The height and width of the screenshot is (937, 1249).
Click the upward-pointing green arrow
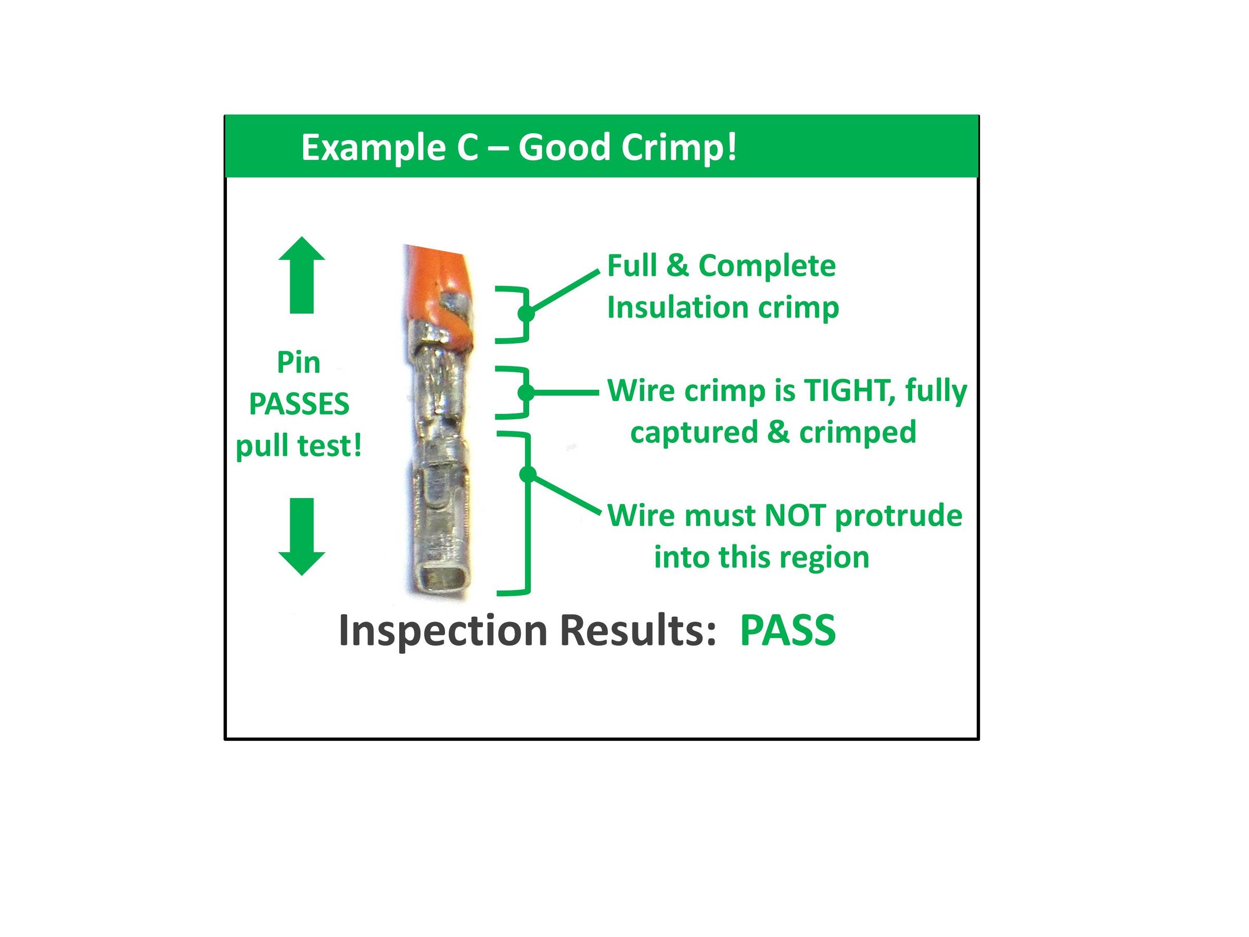(x=301, y=274)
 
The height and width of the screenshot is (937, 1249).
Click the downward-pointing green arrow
(x=301, y=537)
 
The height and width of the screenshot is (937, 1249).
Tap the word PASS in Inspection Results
(x=788, y=630)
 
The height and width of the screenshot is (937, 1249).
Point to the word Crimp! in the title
(x=679, y=147)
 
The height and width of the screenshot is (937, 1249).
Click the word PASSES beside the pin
(x=299, y=404)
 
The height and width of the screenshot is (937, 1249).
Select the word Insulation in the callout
(x=678, y=308)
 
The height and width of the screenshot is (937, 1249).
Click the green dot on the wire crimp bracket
(x=526, y=392)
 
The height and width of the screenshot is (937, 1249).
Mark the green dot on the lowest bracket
(x=527, y=474)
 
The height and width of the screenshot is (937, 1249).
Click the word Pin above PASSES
(x=299, y=363)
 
